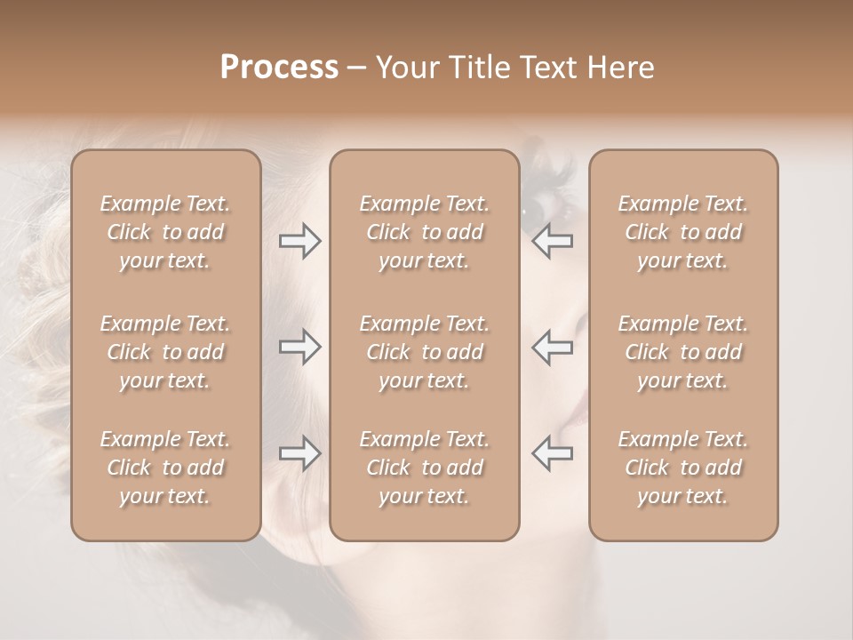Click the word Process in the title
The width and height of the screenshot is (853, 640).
(x=279, y=68)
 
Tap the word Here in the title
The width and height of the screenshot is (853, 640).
(x=621, y=68)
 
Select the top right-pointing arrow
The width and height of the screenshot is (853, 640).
(x=299, y=241)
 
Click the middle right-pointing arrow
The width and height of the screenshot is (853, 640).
(x=299, y=347)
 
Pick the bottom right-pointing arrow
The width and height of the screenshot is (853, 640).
(x=299, y=453)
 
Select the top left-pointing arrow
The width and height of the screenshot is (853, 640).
(x=553, y=241)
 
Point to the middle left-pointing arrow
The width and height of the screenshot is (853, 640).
(x=553, y=347)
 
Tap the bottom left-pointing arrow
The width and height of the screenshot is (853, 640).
(x=553, y=453)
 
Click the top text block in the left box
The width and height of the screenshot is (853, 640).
(x=165, y=232)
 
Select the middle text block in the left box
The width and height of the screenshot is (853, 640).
(x=165, y=352)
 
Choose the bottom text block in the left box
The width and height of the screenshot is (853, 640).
(x=165, y=468)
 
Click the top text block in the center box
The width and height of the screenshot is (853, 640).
(x=425, y=232)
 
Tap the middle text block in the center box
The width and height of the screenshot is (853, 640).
(x=425, y=352)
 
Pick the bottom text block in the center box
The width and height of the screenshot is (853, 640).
(x=425, y=468)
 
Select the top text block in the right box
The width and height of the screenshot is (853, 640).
(x=683, y=232)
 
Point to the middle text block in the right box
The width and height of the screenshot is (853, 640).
(x=683, y=352)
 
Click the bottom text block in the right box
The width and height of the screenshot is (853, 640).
(x=683, y=468)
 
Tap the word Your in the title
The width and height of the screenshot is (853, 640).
(x=405, y=68)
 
